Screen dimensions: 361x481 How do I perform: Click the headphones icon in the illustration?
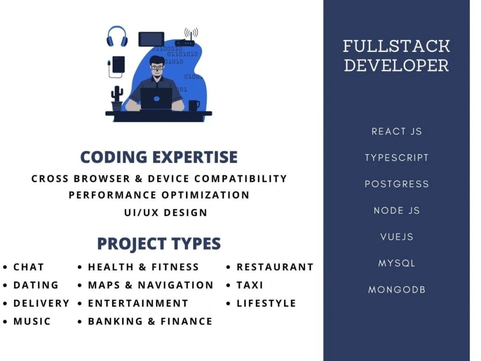117,37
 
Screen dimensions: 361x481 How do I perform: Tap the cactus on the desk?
117,98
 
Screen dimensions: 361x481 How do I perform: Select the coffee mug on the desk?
193,105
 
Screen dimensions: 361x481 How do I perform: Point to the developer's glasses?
157,67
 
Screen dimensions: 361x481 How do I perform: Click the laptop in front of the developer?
156,99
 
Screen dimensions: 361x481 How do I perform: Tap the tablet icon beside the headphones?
151,39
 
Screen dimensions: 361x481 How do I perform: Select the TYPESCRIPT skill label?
396,158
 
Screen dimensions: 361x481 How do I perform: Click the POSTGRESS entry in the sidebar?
396,184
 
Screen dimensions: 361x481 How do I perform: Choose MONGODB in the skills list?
396,290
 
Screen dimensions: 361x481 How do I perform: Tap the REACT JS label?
396,131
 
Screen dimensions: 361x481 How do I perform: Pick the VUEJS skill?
396,237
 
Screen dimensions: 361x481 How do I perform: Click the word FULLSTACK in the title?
396,46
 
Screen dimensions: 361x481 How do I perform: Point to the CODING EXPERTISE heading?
159,157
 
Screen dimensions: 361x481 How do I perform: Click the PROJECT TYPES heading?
159,244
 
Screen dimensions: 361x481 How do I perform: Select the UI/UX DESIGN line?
165,212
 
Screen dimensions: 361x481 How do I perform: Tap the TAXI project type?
250,285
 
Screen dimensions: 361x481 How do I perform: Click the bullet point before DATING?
5,285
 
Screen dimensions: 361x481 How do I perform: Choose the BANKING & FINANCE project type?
150,321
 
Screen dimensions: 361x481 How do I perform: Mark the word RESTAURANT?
275,267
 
